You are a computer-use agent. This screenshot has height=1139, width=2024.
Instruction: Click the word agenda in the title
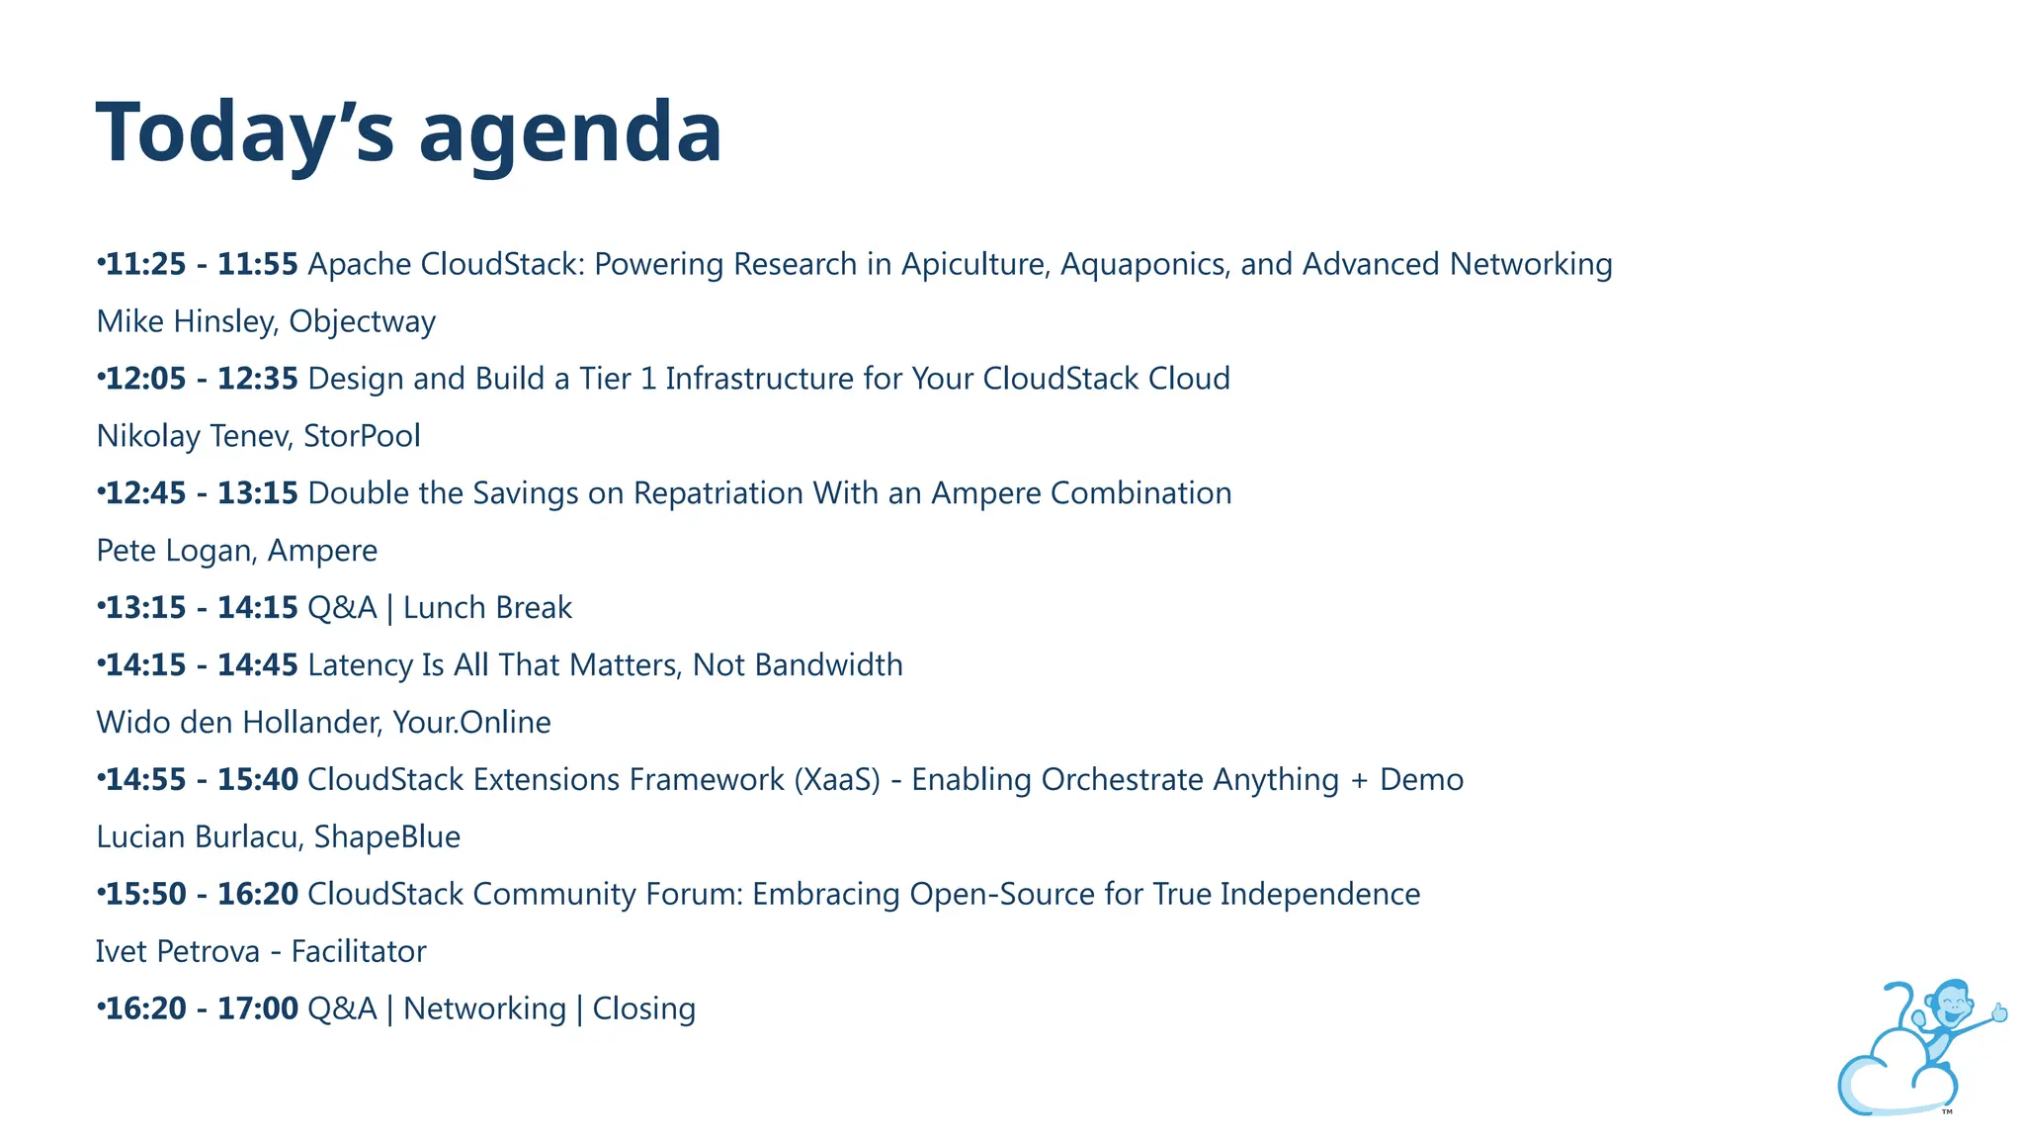pyautogui.click(x=570, y=133)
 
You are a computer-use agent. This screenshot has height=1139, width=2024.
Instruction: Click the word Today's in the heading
pyautogui.click(x=245, y=133)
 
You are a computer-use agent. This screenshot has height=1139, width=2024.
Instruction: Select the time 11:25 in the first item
pyautogui.click(x=145, y=264)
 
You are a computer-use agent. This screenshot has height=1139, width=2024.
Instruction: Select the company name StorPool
pyautogui.click(x=362, y=436)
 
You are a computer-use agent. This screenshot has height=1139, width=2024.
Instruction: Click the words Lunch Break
pyautogui.click(x=487, y=608)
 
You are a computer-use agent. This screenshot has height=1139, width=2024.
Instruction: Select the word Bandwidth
pyautogui.click(x=828, y=664)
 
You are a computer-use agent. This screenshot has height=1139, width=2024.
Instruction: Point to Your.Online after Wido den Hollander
pyautogui.click(x=471, y=723)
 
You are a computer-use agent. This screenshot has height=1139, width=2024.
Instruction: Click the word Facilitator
pyautogui.click(x=359, y=951)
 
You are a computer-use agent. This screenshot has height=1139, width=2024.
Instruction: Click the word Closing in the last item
pyautogui.click(x=643, y=1008)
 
